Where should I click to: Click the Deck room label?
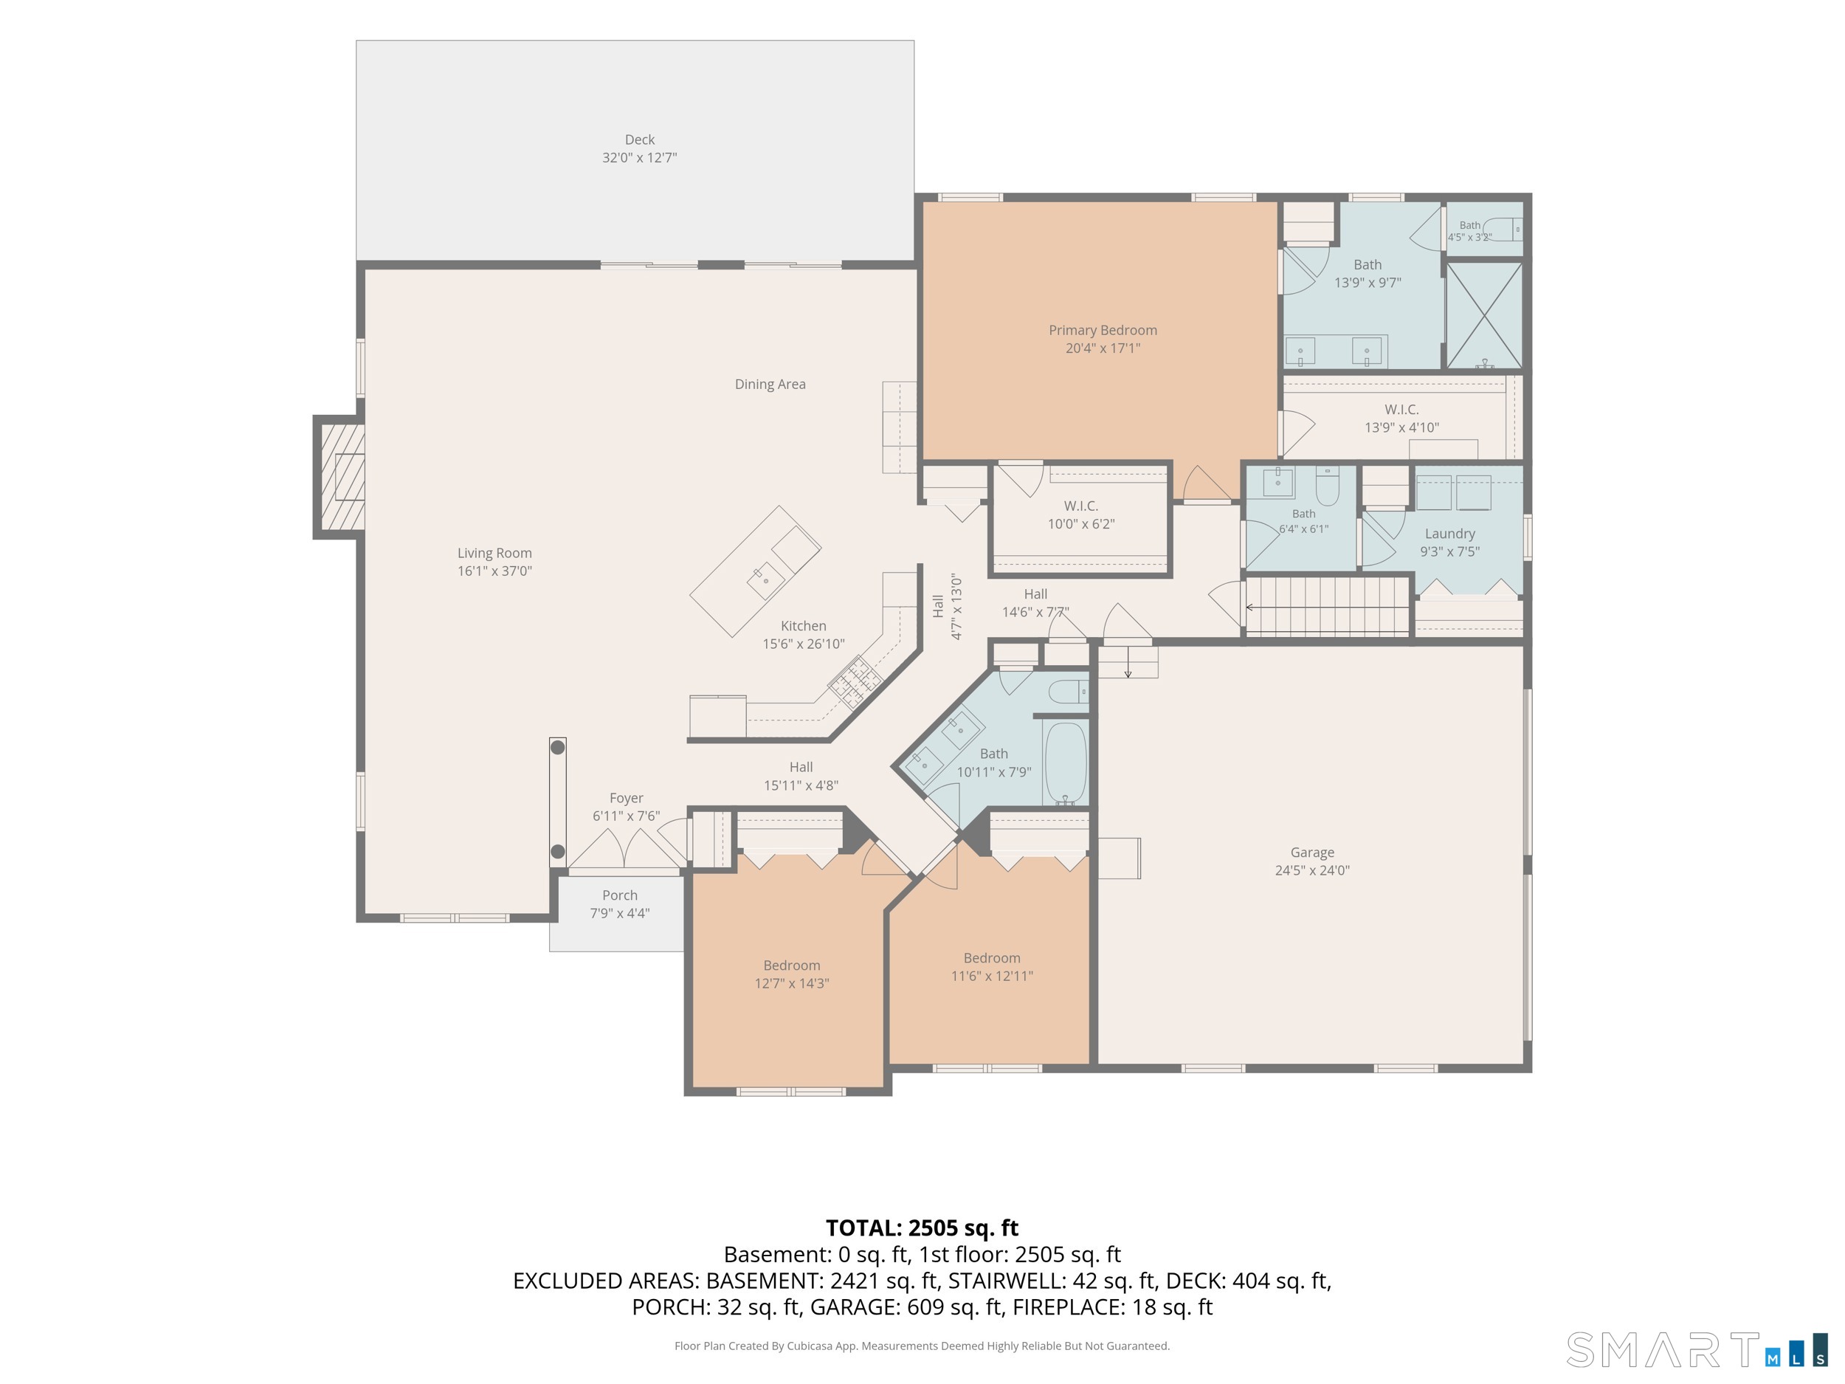tap(640, 140)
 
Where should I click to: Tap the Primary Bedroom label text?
tap(1103, 331)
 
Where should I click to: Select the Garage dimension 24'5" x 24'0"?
tap(1312, 870)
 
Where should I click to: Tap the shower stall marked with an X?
tap(1484, 315)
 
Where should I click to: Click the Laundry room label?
tap(1449, 534)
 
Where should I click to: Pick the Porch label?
tap(620, 895)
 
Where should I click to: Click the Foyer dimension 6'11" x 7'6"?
tap(627, 816)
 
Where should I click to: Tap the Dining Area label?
tap(770, 385)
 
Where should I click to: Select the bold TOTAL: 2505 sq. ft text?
tap(922, 1228)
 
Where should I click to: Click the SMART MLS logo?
tap(1697, 1349)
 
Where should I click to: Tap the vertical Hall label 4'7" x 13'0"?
tap(948, 607)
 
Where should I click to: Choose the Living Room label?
tap(494, 553)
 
